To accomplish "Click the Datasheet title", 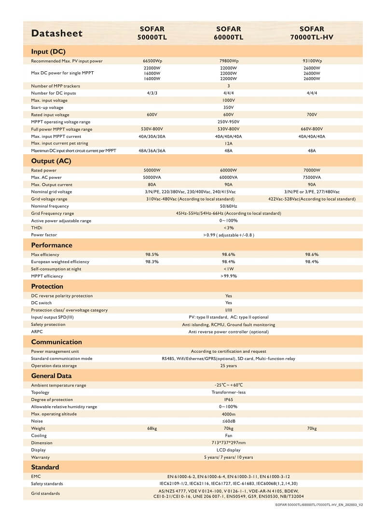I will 57,33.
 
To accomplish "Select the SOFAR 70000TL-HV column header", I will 312,33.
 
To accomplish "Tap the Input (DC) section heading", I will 48,52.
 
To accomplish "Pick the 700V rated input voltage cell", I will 312,115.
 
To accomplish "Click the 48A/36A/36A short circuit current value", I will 152,151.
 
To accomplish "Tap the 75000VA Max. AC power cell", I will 312,177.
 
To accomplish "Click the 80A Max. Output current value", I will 152,185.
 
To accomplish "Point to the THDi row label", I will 37,228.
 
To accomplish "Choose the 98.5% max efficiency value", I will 152,254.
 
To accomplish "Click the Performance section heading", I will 52,245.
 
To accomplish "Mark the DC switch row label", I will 41,303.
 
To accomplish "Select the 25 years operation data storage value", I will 229,366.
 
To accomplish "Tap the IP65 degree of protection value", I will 229,399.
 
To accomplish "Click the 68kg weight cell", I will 152,428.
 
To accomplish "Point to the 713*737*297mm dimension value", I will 229,443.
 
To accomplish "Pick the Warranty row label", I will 41,457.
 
